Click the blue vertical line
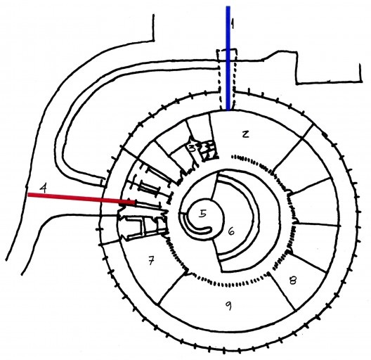click(228, 58)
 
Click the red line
click(82, 198)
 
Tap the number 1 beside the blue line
click(233, 24)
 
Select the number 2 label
click(246, 134)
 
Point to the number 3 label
click(192, 148)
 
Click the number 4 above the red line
click(43, 188)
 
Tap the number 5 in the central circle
click(203, 214)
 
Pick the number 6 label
click(231, 231)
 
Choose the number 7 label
click(151, 261)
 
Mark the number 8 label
click(293, 281)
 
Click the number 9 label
click(228, 306)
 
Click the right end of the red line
click(135, 202)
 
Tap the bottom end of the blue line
click(228, 110)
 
